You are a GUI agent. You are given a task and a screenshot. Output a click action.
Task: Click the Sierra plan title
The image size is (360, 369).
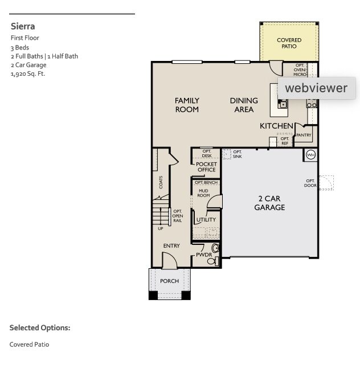(23, 26)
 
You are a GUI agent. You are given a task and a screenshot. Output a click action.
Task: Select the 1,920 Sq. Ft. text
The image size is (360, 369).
(27, 73)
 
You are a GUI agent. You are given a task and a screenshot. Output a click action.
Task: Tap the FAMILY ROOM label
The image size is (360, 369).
(187, 105)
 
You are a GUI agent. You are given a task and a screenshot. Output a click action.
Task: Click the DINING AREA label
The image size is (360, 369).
(244, 105)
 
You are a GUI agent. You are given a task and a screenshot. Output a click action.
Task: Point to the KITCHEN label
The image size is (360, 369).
(276, 125)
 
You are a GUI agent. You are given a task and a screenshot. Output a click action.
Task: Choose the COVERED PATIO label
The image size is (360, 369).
(289, 43)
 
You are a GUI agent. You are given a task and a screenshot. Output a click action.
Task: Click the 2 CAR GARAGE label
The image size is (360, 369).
(269, 203)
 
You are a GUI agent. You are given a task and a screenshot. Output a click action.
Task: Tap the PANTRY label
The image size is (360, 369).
(304, 136)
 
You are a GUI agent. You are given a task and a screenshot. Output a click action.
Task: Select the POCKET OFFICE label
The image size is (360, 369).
(206, 167)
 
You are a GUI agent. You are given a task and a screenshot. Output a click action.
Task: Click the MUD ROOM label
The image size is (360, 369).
(203, 193)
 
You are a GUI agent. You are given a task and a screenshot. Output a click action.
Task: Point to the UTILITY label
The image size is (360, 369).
(206, 220)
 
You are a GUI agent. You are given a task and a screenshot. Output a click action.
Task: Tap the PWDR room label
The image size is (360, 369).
(203, 255)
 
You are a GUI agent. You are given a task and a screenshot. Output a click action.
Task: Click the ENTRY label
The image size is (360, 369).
(171, 246)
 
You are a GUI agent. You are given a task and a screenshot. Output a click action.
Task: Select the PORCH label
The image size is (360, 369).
(169, 281)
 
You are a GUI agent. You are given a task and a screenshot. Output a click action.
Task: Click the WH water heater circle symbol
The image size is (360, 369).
(311, 154)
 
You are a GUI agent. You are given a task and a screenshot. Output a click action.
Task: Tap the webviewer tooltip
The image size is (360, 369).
(316, 88)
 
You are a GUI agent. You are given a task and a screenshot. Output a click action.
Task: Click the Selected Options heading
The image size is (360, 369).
(40, 328)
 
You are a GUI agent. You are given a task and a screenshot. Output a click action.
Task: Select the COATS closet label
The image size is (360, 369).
(161, 182)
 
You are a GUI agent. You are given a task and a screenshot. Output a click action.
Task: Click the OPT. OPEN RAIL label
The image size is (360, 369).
(178, 216)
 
